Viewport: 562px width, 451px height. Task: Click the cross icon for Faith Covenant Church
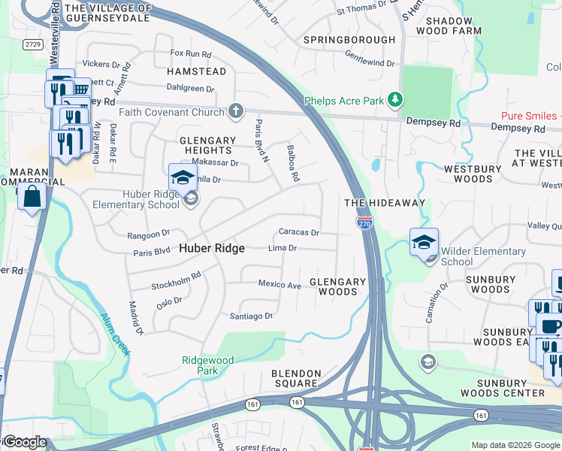tap(236, 112)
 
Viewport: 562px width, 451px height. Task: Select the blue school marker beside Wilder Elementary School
tap(424, 242)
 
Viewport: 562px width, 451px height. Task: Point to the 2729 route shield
tap(32, 44)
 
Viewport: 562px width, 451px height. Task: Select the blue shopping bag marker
tap(32, 198)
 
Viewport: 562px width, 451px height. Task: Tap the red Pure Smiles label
tap(530, 116)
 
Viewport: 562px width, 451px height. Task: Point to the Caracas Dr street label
tap(299, 233)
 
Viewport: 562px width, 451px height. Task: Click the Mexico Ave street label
tap(279, 285)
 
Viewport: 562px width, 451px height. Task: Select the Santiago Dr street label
tap(249, 316)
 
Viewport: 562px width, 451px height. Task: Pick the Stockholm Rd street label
tap(176, 280)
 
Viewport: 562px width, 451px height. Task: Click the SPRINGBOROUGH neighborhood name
tap(349, 39)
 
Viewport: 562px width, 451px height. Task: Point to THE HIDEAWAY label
tap(385, 203)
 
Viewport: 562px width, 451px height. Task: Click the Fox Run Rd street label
tap(191, 53)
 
